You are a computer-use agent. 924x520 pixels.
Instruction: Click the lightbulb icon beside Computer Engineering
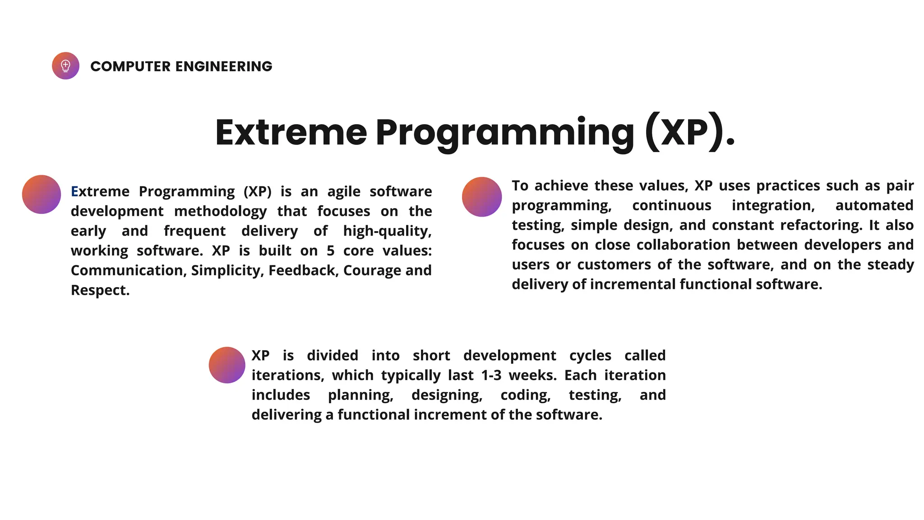coord(65,66)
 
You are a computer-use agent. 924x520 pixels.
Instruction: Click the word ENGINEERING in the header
coord(223,66)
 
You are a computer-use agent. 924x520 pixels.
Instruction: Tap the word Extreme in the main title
coord(291,132)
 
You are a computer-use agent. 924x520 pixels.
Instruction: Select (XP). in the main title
coord(690,132)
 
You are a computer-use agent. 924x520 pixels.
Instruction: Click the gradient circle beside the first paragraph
coord(42,195)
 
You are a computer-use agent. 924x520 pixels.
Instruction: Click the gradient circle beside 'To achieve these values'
coord(482,197)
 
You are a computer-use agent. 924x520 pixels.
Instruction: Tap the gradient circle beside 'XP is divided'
coord(227,365)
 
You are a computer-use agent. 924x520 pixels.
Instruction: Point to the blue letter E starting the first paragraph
coord(74,191)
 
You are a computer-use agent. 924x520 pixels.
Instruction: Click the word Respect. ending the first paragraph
coord(100,290)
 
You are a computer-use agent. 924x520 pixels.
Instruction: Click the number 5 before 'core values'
coord(330,251)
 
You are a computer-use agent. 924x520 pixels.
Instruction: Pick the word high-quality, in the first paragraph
coord(387,231)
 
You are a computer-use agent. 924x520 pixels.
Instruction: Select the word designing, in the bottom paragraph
coord(447,395)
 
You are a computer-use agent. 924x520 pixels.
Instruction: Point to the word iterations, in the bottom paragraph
coord(287,375)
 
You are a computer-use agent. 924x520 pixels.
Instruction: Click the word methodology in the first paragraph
coord(220,211)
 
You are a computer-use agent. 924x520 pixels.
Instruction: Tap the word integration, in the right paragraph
coord(773,205)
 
